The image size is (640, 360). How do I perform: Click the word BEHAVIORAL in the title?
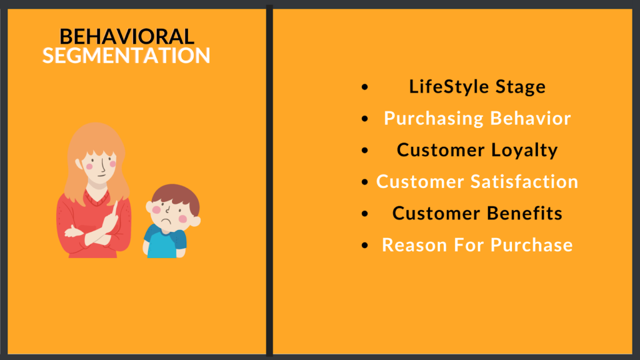tap(127, 37)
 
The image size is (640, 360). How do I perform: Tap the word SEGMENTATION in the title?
tap(126, 56)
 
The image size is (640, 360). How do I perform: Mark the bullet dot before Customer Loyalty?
tap(365, 151)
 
